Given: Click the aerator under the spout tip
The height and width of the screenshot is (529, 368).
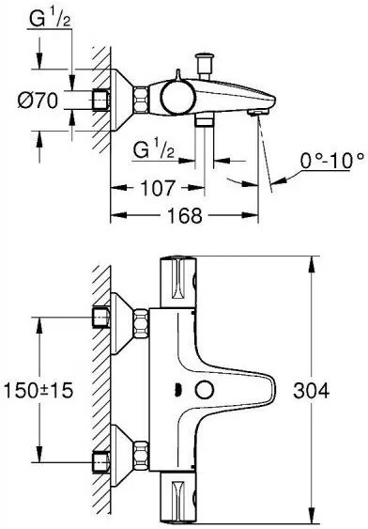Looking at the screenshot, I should pyautogui.click(x=255, y=113).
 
